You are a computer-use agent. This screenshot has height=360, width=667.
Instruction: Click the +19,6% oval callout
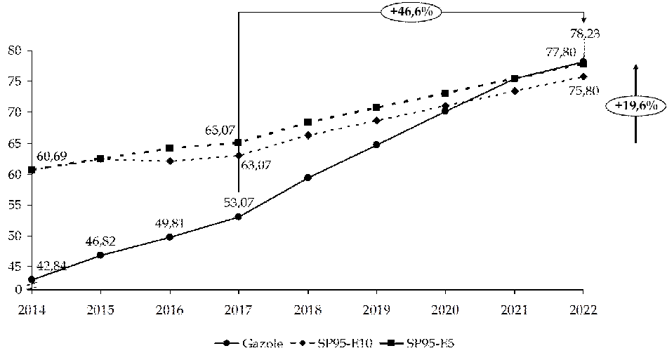[x=635, y=105]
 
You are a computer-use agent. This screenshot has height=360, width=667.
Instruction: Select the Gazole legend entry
[x=249, y=343]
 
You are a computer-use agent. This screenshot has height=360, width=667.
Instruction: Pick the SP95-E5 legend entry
[x=421, y=343]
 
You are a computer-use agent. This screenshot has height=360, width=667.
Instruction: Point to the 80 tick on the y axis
[x=15, y=51]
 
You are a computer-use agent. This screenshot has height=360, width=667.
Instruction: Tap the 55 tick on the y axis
[x=15, y=205]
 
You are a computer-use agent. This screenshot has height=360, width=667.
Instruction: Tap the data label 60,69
[x=52, y=156]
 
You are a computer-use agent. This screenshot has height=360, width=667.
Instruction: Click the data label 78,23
[x=583, y=32]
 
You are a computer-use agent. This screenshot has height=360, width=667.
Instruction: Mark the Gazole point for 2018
[x=308, y=178]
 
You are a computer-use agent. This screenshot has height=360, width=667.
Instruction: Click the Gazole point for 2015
[x=100, y=255]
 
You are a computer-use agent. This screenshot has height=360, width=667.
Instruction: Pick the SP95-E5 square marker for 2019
[x=376, y=107]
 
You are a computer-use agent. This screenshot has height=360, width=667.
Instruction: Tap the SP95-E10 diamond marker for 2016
[x=169, y=161]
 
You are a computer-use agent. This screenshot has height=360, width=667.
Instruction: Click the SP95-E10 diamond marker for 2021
[x=515, y=91]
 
